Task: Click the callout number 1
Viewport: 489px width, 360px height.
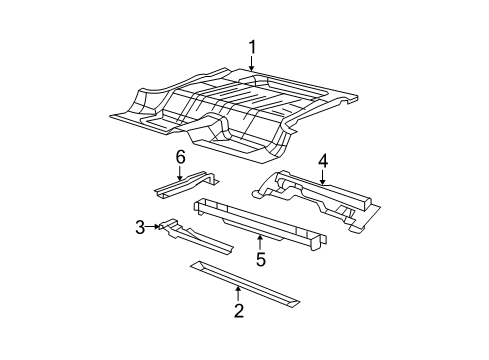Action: coord(253,46)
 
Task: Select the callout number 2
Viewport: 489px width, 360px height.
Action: coord(238,310)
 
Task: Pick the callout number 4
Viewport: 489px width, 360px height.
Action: coord(323,160)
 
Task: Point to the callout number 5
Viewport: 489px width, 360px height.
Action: coord(260,260)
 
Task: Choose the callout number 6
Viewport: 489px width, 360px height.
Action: coord(181,157)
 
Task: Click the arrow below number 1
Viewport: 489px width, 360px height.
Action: coord(253,63)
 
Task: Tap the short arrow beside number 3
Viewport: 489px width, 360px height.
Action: coord(156,228)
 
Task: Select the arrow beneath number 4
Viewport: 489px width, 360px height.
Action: coord(323,177)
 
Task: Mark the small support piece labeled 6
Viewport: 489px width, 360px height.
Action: coord(186,185)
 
